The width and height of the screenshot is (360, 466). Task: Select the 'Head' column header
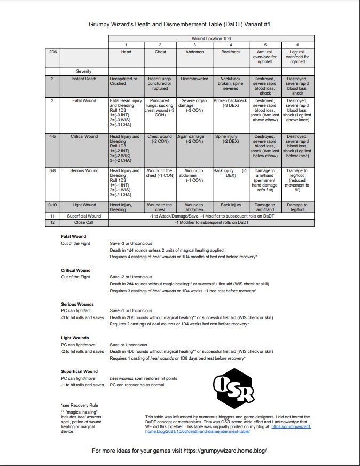(x=126, y=52)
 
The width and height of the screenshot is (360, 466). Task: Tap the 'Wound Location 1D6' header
(x=211, y=39)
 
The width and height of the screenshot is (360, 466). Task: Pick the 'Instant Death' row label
(x=84, y=79)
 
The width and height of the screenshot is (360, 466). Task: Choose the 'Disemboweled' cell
(x=194, y=79)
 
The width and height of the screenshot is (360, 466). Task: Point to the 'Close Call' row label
(x=84, y=222)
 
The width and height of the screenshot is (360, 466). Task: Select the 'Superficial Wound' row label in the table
(x=84, y=216)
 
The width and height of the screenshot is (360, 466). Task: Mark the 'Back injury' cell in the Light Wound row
(x=231, y=205)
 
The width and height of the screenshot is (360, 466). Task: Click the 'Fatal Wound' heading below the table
(x=74, y=236)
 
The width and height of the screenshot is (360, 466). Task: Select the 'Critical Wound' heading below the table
(x=76, y=270)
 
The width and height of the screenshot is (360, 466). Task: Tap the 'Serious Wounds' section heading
(x=77, y=304)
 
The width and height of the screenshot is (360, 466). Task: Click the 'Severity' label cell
(x=84, y=71)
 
